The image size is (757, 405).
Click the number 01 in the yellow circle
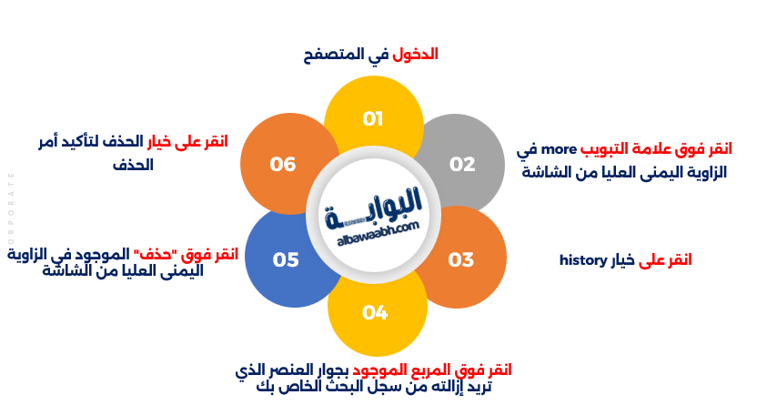click(x=373, y=118)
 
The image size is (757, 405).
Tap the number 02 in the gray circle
click(x=462, y=165)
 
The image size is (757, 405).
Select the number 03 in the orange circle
click(x=461, y=259)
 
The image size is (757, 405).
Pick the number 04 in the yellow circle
click(x=375, y=313)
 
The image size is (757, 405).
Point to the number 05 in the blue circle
click(x=286, y=259)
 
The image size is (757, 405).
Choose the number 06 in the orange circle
click(x=282, y=165)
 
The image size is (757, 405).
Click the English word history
click(x=582, y=260)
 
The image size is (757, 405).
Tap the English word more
click(x=559, y=149)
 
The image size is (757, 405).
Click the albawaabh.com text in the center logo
click(x=378, y=235)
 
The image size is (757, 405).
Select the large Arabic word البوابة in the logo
click(x=374, y=208)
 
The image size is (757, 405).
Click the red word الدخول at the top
click(x=415, y=54)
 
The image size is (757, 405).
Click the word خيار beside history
click(x=622, y=260)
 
